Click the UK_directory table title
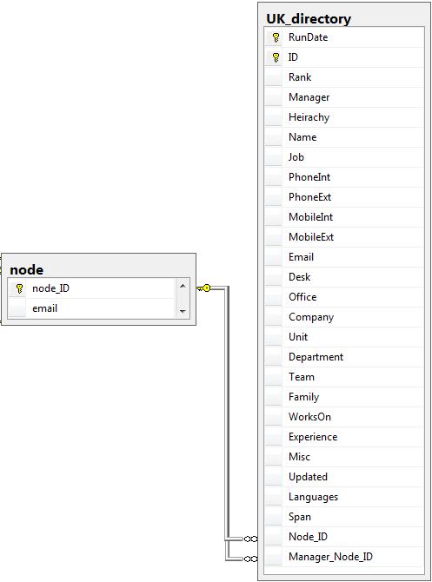coord(309,18)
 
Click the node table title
coord(26,270)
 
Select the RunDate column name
coord(308,37)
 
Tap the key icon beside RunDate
coord(276,37)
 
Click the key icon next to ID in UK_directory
coord(276,57)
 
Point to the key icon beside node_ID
coord(19,288)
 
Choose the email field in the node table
coord(44,308)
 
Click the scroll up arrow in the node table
coord(183,286)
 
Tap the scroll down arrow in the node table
coord(183,312)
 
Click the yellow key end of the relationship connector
coord(203,288)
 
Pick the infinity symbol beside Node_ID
coord(250,539)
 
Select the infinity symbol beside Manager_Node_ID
coord(250,559)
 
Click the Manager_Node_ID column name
coord(330,557)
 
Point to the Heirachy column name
coord(309,117)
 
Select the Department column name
coord(316,357)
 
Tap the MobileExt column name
coord(311,237)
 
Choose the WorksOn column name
coord(309,417)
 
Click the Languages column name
coord(313,497)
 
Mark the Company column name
coord(311,317)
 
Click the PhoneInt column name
coord(309,177)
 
